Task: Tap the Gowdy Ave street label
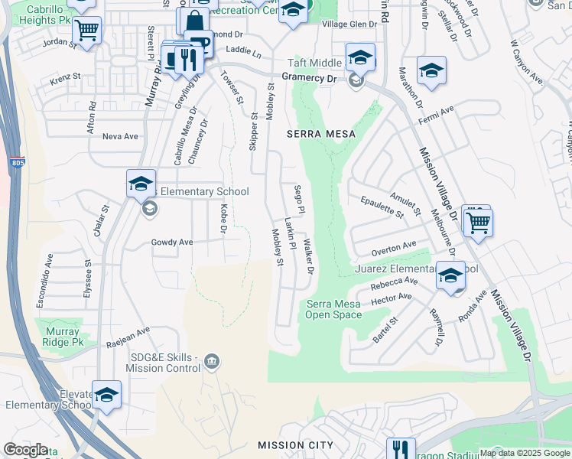[172, 243]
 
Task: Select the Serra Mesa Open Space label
[334, 309]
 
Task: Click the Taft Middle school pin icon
[360, 57]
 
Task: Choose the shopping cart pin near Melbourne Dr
[479, 223]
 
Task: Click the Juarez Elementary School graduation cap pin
[450, 275]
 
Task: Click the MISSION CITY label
[295, 445]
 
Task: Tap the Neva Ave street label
[120, 136]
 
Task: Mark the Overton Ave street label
[394, 248]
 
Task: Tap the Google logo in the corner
[25, 450]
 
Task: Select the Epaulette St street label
[382, 207]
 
